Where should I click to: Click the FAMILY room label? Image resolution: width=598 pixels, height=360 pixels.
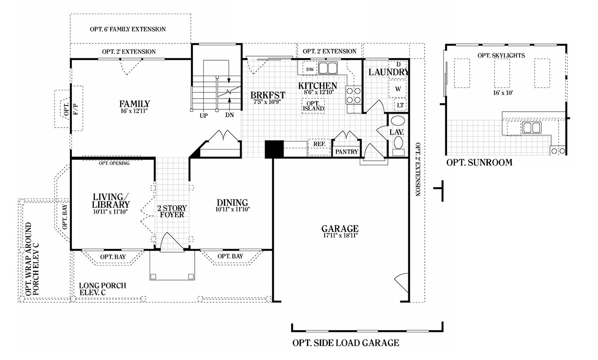coord(134,104)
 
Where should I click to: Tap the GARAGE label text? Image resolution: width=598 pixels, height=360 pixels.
coord(340,229)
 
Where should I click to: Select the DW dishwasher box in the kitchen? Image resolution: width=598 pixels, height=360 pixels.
coord(310,69)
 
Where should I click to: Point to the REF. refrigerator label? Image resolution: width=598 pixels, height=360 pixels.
coord(320,144)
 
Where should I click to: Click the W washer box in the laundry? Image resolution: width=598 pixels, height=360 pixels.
coord(398,88)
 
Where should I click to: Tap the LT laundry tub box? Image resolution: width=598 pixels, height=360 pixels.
coord(400,105)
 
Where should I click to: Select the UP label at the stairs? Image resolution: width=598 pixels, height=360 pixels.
coord(204,115)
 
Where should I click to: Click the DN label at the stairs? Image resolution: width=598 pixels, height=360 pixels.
coord(229,115)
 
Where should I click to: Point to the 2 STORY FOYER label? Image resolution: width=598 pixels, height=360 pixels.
coord(172,211)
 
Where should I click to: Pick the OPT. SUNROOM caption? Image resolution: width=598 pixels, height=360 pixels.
coord(479,163)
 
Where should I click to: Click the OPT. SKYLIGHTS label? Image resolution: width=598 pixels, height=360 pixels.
coord(501,55)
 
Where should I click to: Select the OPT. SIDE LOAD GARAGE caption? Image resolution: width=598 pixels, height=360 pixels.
coord(346,343)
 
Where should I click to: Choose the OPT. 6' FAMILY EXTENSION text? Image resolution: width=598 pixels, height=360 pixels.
coord(128,29)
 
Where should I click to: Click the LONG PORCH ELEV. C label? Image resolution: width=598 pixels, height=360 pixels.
coord(102,289)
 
